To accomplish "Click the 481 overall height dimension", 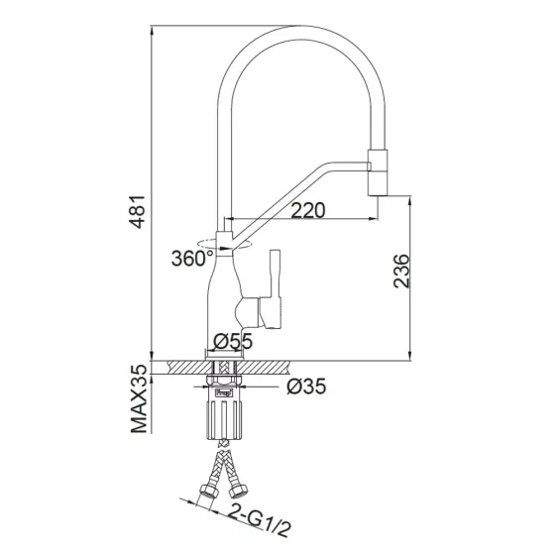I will pyautogui.click(x=143, y=210).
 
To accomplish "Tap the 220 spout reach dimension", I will pyautogui.click(x=308, y=210).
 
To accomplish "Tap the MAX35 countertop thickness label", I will pyautogui.click(x=143, y=401).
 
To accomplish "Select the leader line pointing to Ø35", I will pyautogui.click(x=268, y=388).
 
